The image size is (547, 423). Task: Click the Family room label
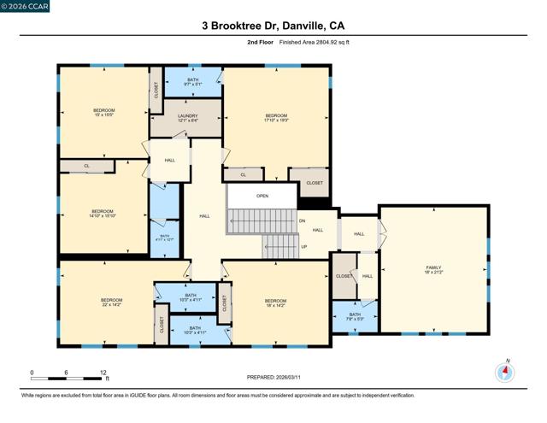pos(434,271)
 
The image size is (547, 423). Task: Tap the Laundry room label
pos(187,118)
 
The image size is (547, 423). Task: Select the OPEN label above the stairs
pos(262,195)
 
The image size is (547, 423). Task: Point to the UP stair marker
pos(303,248)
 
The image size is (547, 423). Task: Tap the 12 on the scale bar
pos(103,373)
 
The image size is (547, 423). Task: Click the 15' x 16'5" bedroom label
pos(103,113)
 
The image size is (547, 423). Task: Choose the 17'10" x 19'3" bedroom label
pos(276,118)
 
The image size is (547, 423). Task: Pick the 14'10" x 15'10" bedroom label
pos(103,214)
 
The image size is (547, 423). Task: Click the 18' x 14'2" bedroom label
pos(275,303)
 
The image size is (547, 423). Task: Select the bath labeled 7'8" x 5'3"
pos(355,316)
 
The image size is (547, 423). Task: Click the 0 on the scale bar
pos(32,373)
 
